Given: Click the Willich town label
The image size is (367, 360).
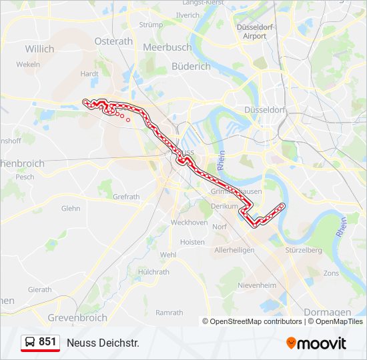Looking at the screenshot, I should point(39,49).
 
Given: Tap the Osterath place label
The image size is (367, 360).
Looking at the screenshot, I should point(113,41).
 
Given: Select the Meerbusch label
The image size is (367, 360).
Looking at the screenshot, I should point(167,47).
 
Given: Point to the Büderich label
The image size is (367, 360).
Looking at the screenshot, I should point(191,66).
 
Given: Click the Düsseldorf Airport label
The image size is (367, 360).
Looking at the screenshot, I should point(254,31).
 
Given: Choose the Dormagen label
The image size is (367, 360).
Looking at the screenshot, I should point(327,311).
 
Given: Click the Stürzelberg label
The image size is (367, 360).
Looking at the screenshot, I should point(304,250).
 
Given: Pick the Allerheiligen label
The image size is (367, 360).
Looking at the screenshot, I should point(234,249).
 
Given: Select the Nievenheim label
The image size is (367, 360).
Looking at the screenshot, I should point(257,285).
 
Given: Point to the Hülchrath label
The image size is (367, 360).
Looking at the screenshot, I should point(153,272).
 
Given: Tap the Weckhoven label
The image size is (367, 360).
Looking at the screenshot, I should point(189,222).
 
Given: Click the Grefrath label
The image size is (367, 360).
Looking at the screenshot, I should point(126,197).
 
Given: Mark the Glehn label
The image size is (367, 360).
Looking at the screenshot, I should point(71,208).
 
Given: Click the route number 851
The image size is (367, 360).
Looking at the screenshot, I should point(47,342).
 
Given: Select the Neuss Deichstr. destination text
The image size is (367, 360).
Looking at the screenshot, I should point(103,343).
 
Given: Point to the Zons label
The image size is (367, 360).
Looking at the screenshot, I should point(331,273).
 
